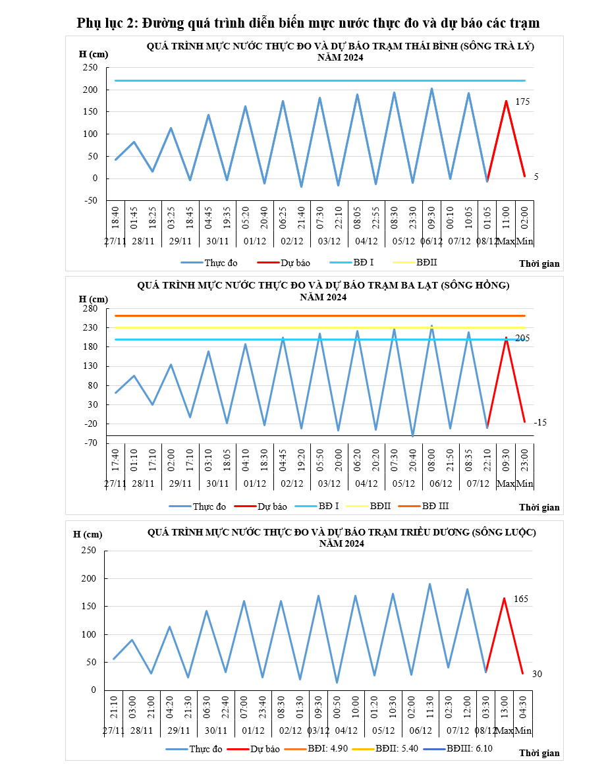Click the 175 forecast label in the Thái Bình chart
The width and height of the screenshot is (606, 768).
(x=522, y=102)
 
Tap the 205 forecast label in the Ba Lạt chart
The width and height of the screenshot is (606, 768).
(x=522, y=339)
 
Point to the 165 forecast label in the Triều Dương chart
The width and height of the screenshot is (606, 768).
(x=522, y=599)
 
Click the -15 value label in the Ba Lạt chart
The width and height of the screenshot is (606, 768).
(x=540, y=422)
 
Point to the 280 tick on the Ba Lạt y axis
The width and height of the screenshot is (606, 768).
(x=90, y=309)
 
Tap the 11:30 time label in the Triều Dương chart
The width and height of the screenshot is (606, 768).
(x=430, y=705)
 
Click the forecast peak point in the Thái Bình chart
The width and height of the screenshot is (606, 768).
(x=506, y=101)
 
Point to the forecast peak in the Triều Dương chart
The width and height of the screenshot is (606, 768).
(x=504, y=598)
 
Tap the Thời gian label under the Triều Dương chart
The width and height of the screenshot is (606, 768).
(x=539, y=753)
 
